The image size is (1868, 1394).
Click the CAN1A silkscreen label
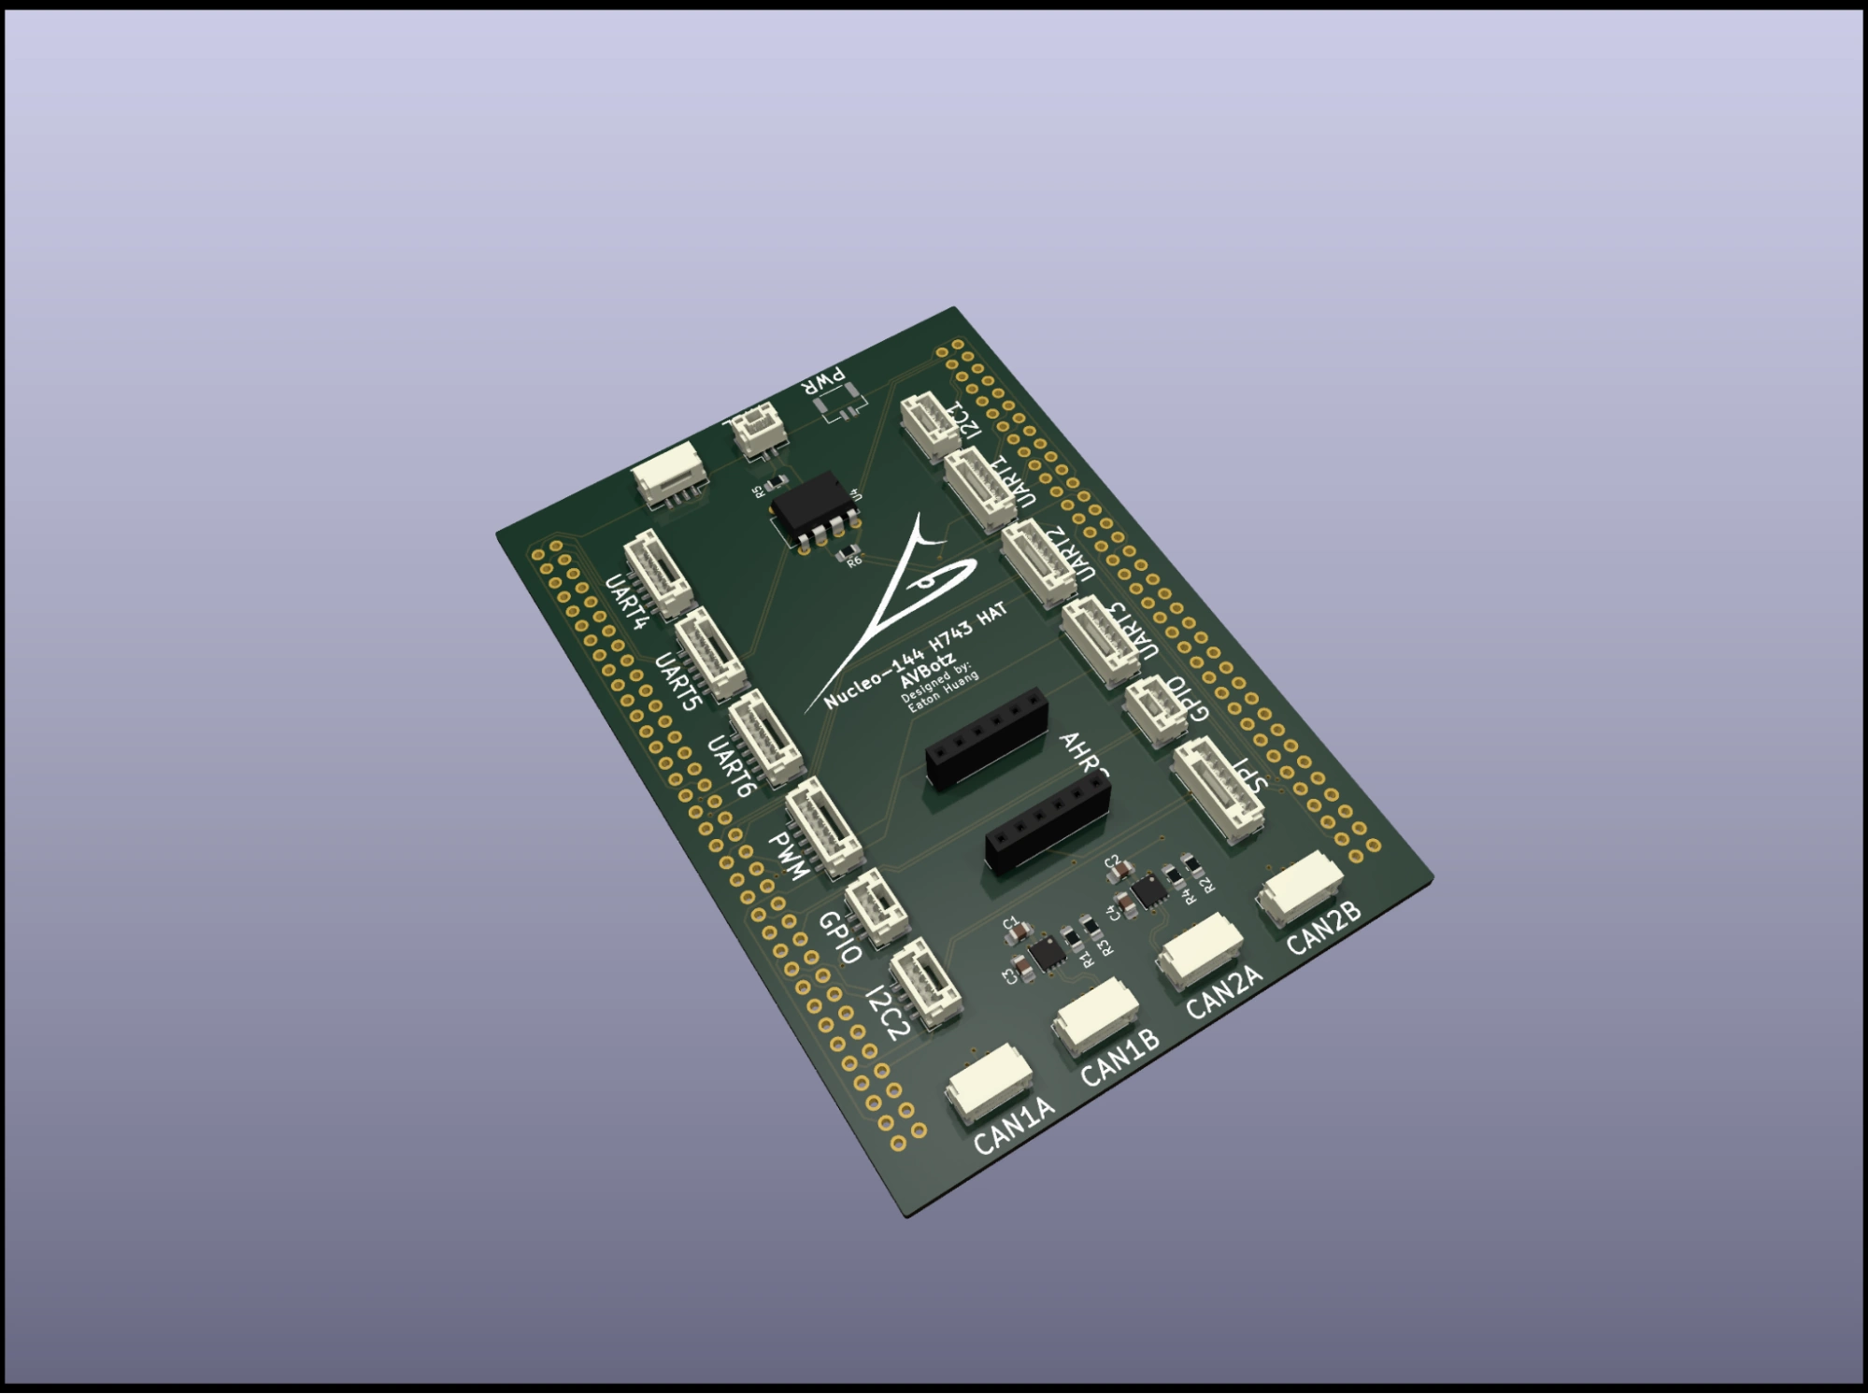[x=1014, y=1125]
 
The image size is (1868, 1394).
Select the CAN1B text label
[x=1119, y=1058]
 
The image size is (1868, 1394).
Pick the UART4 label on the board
[x=626, y=602]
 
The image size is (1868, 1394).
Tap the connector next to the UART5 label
[x=709, y=653]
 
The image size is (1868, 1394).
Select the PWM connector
[x=823, y=825]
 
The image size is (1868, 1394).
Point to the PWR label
[x=826, y=380]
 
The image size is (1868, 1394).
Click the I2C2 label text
[x=887, y=1013]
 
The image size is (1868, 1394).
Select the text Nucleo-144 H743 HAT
[x=916, y=654]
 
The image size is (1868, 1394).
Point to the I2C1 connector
[x=931, y=426]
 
